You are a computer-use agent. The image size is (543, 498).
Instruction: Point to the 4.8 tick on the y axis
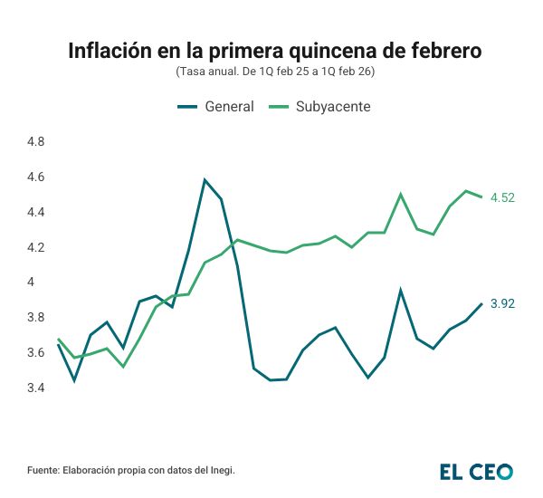36,142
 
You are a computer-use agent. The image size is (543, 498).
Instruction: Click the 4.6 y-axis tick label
36,177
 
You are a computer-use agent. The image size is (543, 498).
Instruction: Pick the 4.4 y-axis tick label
36,212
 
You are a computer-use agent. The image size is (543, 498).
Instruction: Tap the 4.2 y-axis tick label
36,247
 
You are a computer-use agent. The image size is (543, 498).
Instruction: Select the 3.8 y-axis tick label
36,317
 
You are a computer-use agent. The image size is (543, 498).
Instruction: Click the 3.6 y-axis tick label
36,352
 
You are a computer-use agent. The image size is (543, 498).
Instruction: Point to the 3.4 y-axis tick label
36,388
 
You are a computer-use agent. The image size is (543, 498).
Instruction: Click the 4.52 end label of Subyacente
502,197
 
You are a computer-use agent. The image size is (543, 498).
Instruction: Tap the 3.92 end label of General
502,303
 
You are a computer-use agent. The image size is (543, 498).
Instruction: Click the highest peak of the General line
205,179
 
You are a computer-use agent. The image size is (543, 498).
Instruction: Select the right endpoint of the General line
481,303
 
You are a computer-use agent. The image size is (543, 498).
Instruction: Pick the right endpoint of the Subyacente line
481,197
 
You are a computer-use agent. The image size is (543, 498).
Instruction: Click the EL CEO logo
476,471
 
